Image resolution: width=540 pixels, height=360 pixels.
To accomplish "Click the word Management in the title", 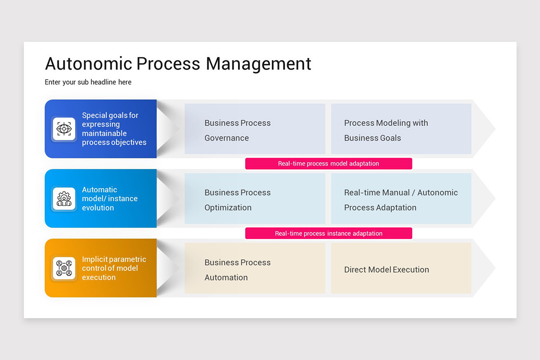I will click(x=258, y=64).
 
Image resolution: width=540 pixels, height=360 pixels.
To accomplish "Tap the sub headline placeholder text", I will click(x=88, y=82).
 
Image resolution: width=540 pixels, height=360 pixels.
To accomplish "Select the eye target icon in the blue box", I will click(x=64, y=129).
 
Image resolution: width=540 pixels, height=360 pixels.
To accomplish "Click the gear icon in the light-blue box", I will click(x=64, y=198).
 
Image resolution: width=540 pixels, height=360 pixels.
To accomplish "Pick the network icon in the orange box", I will click(x=64, y=268).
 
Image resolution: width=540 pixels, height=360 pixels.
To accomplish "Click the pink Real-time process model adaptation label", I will click(x=328, y=164).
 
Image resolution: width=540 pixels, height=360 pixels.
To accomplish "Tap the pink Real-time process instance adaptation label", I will click(x=328, y=234).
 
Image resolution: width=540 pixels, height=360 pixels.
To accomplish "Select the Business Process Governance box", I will click(x=255, y=129).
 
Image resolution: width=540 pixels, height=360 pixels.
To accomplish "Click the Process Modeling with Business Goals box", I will click(x=401, y=129).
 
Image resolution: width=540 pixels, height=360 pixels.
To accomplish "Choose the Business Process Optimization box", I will click(x=255, y=199).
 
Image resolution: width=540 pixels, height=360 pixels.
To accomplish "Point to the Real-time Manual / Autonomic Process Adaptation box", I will click(x=401, y=199).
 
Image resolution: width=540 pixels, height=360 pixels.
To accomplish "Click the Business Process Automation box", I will click(x=255, y=269).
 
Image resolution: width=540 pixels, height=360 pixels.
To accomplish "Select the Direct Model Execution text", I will click(x=387, y=270).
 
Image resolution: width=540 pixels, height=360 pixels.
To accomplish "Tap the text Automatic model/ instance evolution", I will click(x=109, y=199).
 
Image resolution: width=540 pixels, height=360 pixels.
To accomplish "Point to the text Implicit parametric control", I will click(x=114, y=264).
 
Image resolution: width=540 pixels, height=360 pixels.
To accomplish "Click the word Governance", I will click(x=226, y=138).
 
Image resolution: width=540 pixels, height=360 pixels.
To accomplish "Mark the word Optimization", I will click(x=228, y=208).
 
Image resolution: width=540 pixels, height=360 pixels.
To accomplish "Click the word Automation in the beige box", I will click(x=226, y=278).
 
